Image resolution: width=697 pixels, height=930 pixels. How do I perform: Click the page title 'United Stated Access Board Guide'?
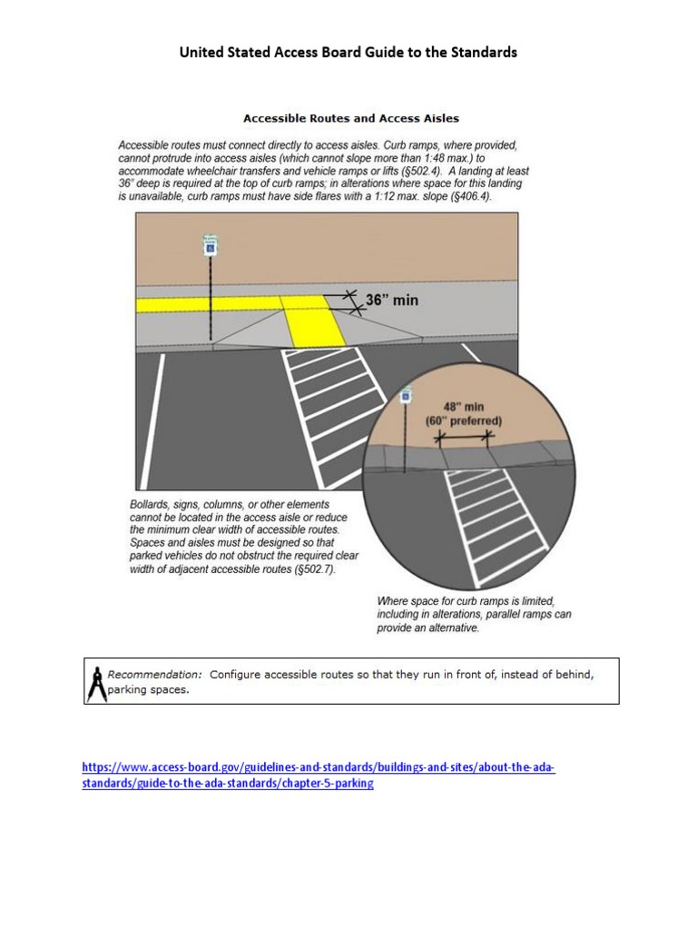pos(348,53)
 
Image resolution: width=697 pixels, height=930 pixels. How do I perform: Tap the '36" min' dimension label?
pos(391,300)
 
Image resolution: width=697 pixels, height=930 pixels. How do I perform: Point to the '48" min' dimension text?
pos(463,408)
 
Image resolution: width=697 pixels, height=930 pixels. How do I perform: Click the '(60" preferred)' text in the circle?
pos(463,421)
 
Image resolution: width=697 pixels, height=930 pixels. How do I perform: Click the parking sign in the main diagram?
pos(209,245)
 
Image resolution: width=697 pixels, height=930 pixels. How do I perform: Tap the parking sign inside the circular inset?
pos(407,396)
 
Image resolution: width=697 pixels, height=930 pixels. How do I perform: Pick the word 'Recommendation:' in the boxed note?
pos(154,675)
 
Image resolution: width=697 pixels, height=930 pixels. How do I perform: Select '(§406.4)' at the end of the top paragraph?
pos(468,196)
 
